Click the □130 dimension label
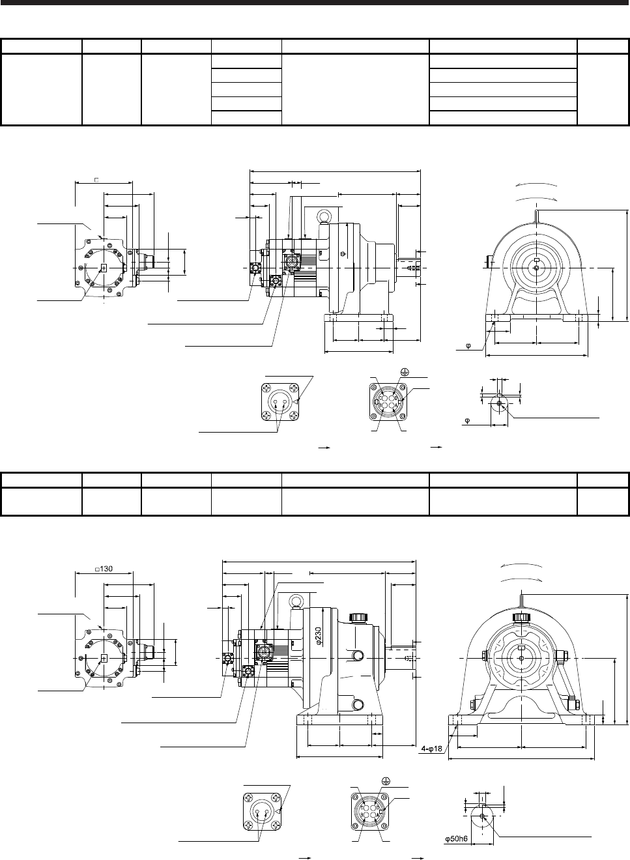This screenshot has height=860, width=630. pos(104,569)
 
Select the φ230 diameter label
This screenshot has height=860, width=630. pos(319,636)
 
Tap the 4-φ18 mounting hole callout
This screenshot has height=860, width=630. pos(432,749)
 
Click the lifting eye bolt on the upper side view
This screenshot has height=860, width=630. pos(322,217)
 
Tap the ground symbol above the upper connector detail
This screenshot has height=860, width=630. pos(405,371)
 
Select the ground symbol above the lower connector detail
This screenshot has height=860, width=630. pos(386,780)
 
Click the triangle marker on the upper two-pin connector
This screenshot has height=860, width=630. pos(296,402)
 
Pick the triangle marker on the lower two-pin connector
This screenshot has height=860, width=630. pos(278,811)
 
